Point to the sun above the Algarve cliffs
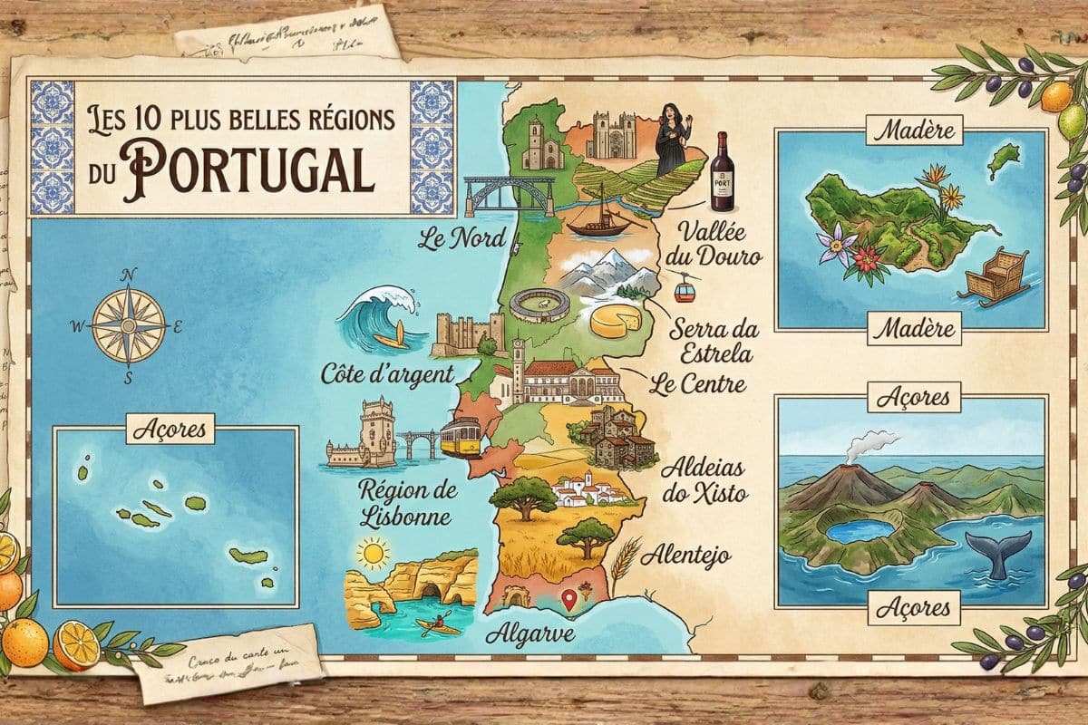372,552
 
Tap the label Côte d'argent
387,373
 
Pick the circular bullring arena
539,304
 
